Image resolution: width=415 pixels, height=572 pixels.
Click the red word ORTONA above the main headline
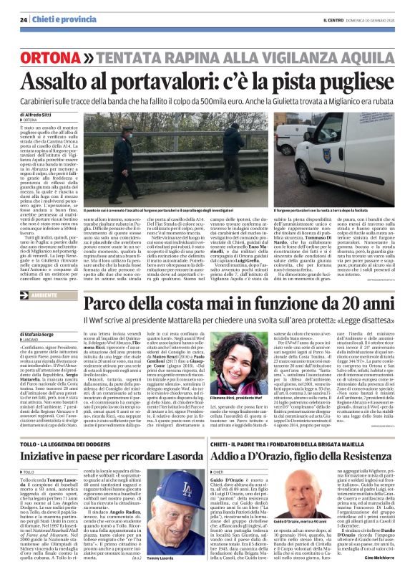[x=49, y=57]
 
